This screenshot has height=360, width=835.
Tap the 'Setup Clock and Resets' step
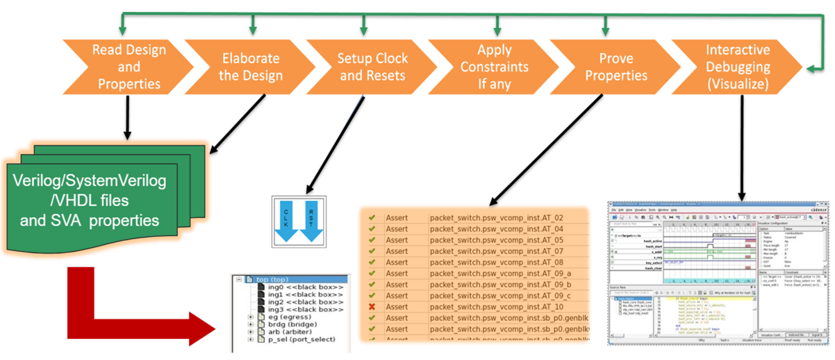(x=373, y=67)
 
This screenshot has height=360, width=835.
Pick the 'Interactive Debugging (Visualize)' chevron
(x=737, y=67)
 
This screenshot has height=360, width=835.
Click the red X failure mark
(x=372, y=306)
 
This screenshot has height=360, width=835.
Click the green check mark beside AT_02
(x=372, y=218)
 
